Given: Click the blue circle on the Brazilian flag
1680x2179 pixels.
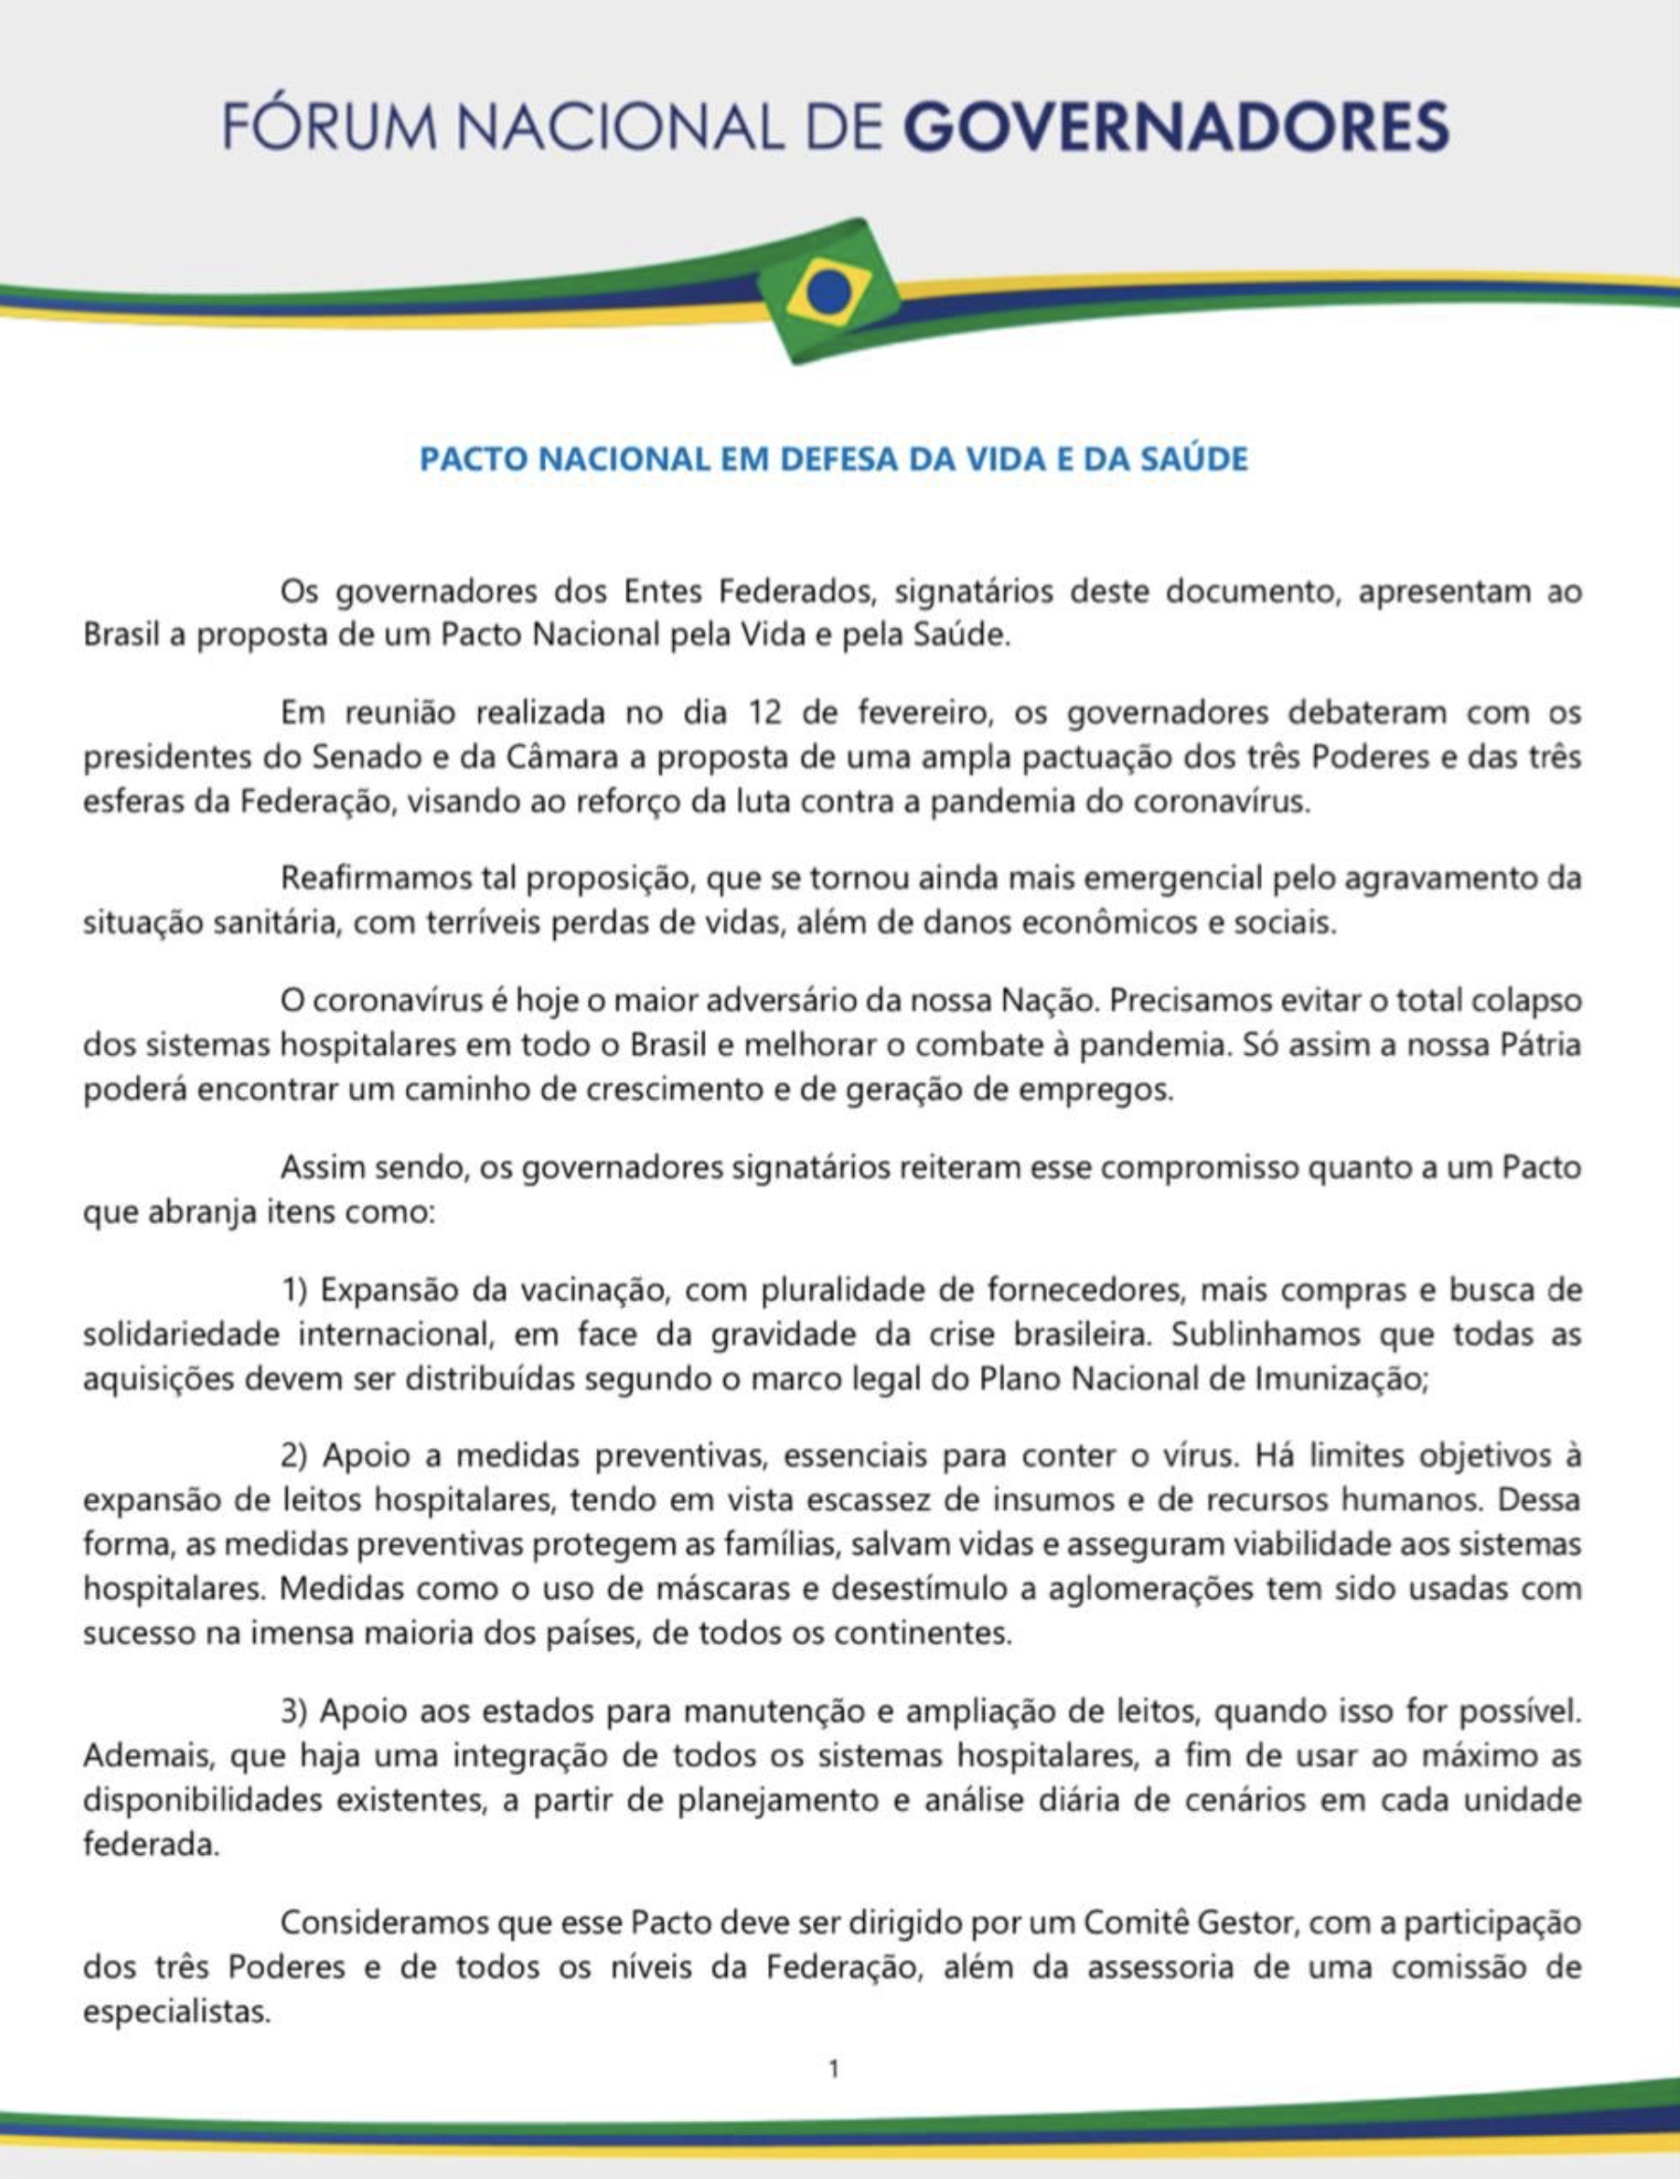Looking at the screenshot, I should coord(829,292).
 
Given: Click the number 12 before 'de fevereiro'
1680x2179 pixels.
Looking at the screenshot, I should coord(765,713).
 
